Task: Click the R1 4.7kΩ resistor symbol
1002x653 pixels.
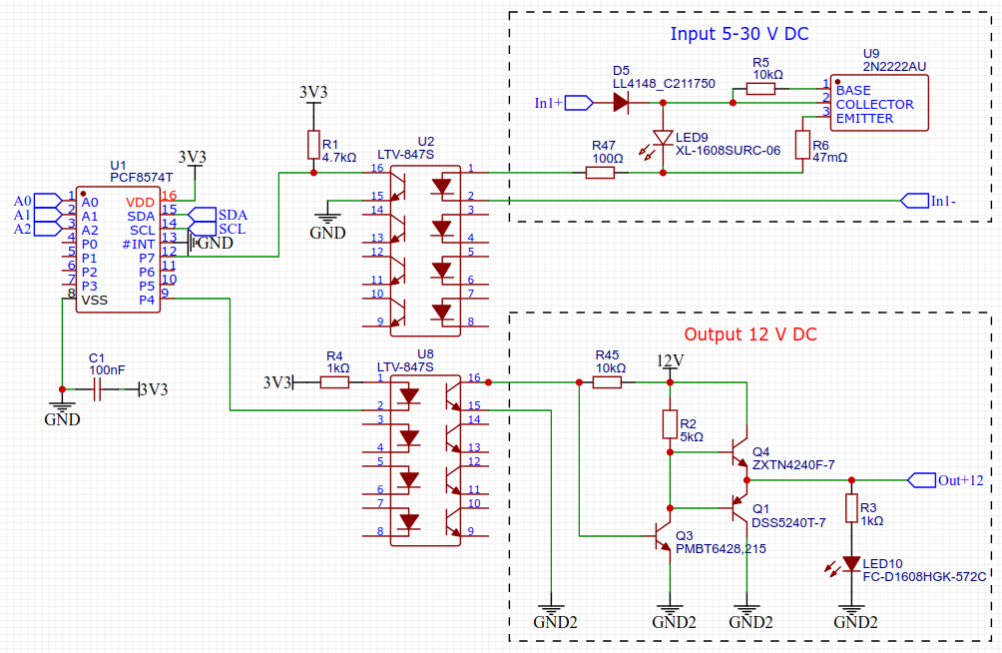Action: (x=313, y=145)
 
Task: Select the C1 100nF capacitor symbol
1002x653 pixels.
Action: (x=97, y=388)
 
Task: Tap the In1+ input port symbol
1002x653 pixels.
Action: (x=579, y=102)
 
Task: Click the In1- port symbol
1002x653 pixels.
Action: (x=914, y=201)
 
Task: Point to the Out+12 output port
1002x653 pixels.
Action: (x=921, y=479)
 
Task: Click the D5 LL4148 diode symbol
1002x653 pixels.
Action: (x=621, y=102)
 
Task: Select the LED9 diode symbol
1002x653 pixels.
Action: (x=663, y=138)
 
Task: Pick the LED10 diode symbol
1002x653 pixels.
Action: (x=851, y=563)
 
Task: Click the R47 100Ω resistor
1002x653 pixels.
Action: (x=600, y=172)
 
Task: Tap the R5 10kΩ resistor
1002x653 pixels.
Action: (x=760, y=88)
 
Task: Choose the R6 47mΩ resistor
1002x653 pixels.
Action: (x=802, y=145)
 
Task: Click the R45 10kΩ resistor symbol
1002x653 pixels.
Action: (x=607, y=382)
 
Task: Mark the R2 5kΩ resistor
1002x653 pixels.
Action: (x=670, y=424)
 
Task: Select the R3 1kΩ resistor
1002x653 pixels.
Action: (x=851, y=508)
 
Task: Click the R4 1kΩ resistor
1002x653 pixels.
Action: (x=334, y=382)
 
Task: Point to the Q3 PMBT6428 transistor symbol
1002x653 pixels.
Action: (x=662, y=536)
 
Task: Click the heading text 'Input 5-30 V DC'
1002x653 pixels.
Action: (x=740, y=34)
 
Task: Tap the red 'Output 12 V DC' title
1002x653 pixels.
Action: (x=751, y=334)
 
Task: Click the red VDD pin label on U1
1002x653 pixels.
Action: (x=140, y=202)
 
